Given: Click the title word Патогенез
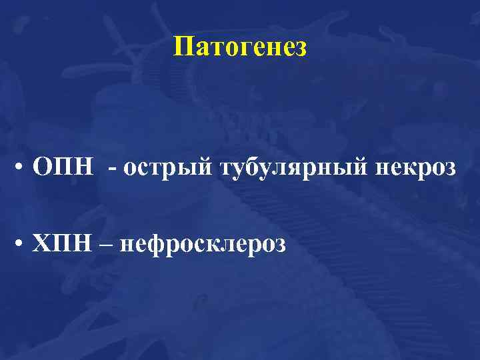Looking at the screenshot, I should click(x=240, y=47).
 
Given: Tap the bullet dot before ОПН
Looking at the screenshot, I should click(x=23, y=167).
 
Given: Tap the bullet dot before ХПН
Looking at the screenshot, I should click(x=23, y=245).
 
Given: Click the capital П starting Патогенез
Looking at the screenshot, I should click(x=181, y=47).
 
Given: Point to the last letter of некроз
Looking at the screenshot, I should click(x=451, y=169).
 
